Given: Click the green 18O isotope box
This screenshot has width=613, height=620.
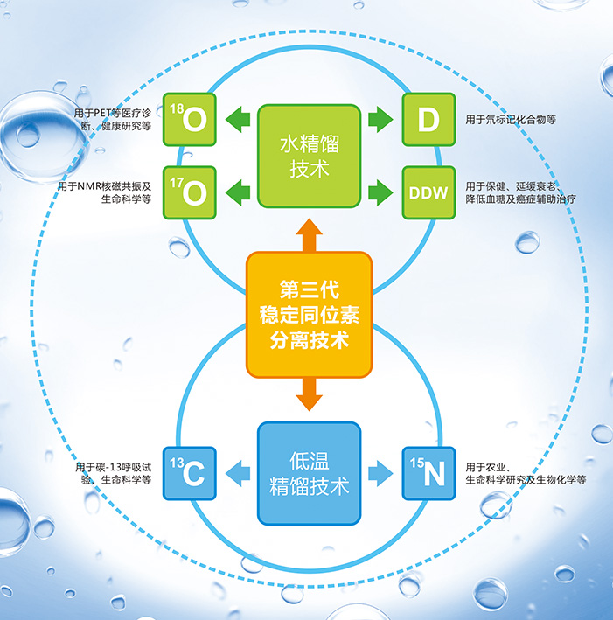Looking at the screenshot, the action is click(x=190, y=120).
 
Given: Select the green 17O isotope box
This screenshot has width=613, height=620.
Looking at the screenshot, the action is click(x=190, y=192).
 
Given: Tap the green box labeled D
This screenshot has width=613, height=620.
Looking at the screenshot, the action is click(x=429, y=120).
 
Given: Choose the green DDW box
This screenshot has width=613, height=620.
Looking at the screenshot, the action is click(x=429, y=192).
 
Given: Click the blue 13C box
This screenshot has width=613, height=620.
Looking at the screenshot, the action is click(x=190, y=473).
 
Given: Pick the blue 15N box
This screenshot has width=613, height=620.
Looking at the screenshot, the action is click(x=429, y=473).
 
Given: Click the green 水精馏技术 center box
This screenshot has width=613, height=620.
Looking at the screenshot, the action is click(x=310, y=157).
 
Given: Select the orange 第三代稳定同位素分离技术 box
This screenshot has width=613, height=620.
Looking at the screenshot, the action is click(x=310, y=315).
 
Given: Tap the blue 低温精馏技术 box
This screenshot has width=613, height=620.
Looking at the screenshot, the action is click(x=310, y=474).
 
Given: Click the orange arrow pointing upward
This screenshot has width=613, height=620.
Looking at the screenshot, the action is click(x=310, y=235).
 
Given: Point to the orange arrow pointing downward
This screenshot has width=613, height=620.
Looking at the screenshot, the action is click(x=310, y=394).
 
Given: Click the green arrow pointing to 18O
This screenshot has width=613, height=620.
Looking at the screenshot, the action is click(x=238, y=120).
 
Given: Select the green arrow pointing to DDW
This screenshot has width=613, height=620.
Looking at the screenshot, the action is click(x=380, y=192).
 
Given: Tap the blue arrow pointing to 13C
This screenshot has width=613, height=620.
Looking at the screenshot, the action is click(x=238, y=473).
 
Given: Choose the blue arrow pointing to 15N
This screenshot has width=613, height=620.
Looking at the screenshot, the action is click(x=380, y=473).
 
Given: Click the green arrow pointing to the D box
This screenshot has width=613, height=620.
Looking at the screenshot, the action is click(x=380, y=120).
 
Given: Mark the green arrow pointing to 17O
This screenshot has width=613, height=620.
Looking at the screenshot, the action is click(x=238, y=192).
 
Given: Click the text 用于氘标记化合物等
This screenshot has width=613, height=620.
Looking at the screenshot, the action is click(x=511, y=120).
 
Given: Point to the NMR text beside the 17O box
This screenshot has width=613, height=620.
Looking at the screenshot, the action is click(x=104, y=192).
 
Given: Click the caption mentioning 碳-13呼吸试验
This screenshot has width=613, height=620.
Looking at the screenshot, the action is click(x=114, y=473).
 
